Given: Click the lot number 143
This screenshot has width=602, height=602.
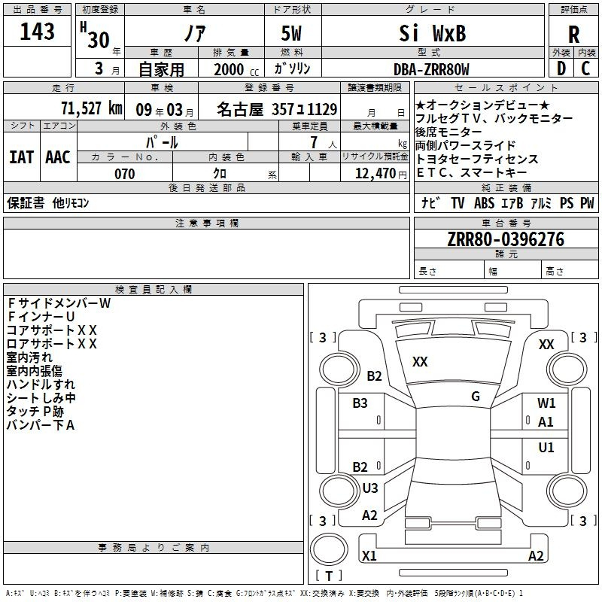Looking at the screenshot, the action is [x=37, y=32].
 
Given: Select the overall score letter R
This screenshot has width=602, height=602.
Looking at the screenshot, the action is [x=573, y=35].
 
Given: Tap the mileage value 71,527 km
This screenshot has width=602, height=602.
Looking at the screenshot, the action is [x=91, y=108].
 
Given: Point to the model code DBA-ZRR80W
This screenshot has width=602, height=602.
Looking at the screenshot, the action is [x=431, y=69].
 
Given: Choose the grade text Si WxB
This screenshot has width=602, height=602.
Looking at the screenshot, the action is [x=431, y=34].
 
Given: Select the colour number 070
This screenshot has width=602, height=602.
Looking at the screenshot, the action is [x=124, y=174].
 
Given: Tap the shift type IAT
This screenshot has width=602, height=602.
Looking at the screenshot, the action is [x=20, y=157].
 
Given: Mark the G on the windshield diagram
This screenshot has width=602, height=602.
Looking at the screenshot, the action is [x=476, y=397].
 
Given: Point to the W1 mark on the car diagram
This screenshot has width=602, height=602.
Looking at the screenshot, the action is [x=546, y=403].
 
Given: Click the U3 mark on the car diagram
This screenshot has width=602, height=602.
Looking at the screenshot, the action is [x=370, y=488].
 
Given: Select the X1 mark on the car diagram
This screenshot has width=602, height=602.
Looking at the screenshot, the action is [x=369, y=556].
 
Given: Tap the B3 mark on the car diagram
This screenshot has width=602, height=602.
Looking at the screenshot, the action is [x=360, y=403].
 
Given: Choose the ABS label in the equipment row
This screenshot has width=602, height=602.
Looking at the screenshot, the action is [x=485, y=202].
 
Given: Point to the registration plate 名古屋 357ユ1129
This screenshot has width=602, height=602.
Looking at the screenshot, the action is [x=277, y=109].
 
